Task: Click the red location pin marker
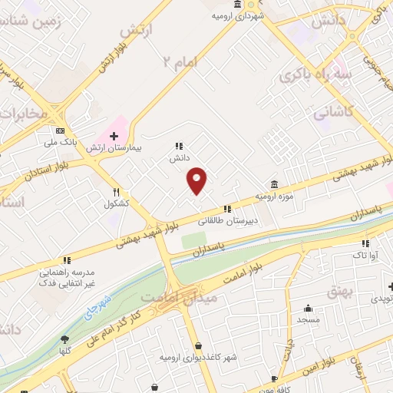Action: point(197,180)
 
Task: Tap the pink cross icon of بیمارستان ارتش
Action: point(114,136)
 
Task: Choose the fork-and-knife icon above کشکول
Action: point(117,193)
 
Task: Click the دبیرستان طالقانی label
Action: point(226,220)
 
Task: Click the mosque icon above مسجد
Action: point(308,308)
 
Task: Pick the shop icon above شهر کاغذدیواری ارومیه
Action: point(198,346)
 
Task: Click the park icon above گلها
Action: point(64,339)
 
